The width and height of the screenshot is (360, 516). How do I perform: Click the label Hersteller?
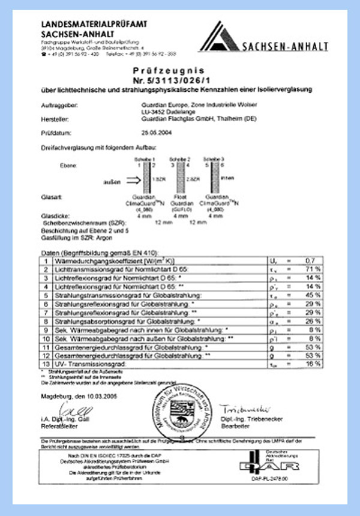pyautogui.click(x=56, y=118)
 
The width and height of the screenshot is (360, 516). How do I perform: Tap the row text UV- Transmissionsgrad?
pyautogui.click(x=92, y=364)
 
